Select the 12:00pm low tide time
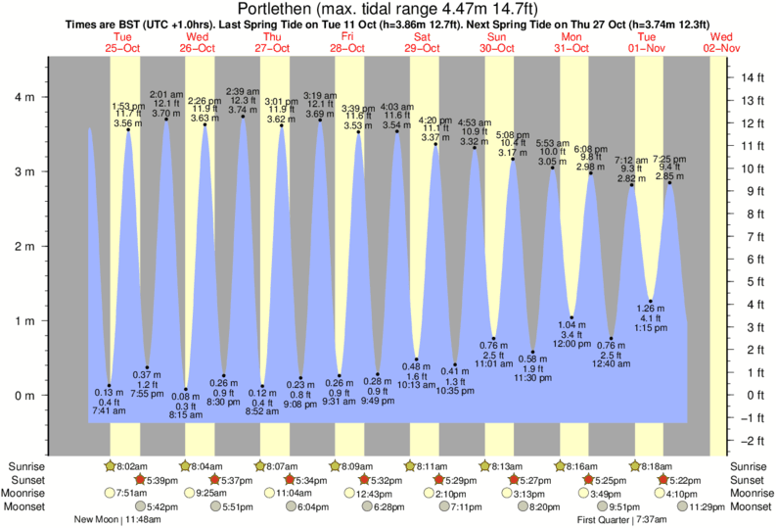click(572, 345)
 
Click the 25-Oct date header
click(124, 47)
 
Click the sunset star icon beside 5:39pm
click(140, 480)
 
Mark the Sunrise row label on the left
click(24, 465)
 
